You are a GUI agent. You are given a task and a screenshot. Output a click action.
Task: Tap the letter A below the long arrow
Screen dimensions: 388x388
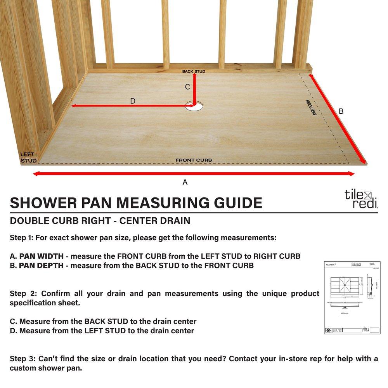[185, 182]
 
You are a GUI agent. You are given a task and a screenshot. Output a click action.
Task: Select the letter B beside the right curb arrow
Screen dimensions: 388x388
[341, 111]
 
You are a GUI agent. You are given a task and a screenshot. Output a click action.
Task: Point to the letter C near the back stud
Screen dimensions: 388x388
[187, 87]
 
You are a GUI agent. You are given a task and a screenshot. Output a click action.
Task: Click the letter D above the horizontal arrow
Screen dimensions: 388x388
[133, 101]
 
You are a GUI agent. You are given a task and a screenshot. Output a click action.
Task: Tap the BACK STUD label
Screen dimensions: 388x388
[194, 71]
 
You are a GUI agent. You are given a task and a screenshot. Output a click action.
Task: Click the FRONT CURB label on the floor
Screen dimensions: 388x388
[194, 160]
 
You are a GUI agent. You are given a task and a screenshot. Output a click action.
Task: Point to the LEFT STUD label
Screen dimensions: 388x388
[28, 158]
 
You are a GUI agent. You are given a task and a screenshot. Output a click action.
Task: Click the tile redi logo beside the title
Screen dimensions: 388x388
[361, 199]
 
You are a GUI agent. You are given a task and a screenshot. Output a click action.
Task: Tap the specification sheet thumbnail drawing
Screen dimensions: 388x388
[352, 298]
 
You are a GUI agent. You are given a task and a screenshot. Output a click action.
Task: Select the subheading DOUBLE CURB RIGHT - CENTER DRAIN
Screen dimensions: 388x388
[100, 221]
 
